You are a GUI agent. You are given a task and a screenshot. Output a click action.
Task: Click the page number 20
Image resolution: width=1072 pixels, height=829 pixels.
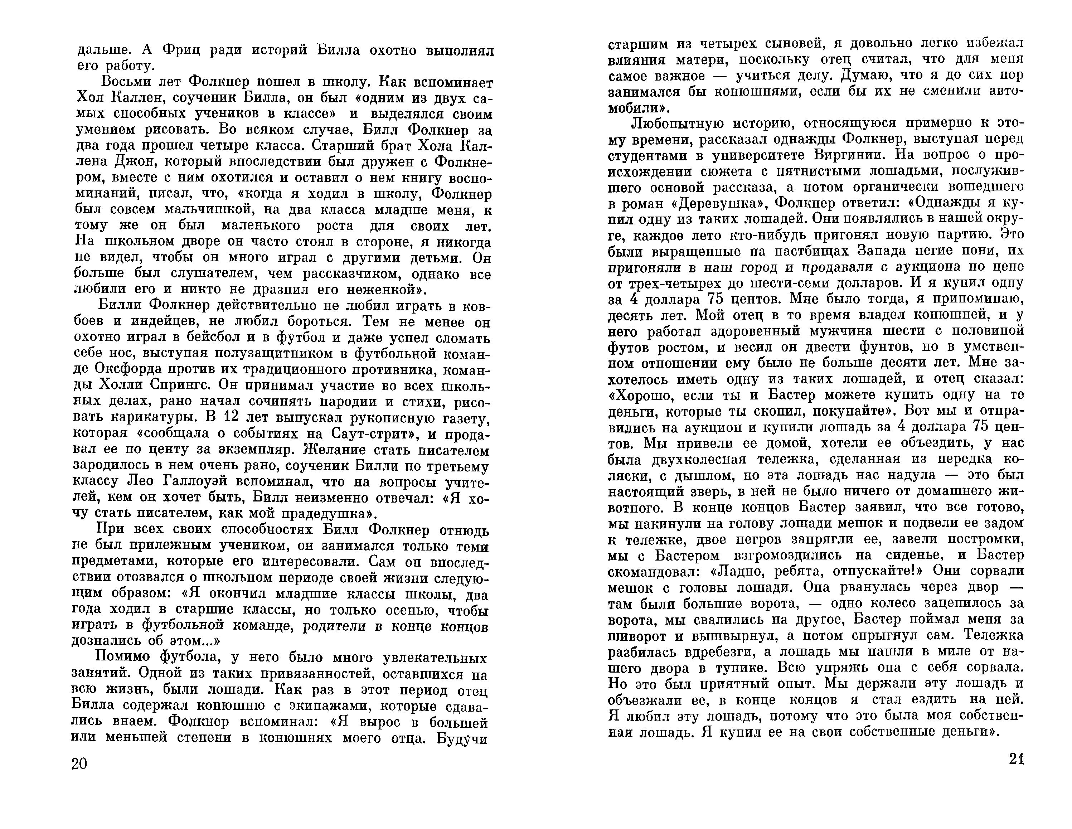point(79,764)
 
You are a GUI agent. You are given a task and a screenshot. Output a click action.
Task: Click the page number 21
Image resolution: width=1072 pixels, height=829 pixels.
point(1017,759)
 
